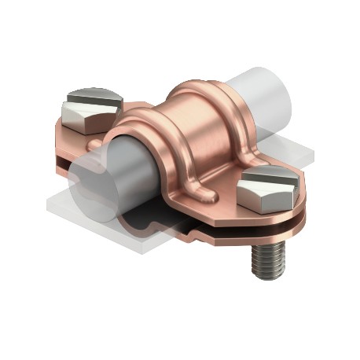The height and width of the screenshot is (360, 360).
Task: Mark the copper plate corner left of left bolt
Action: coord(57,124)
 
